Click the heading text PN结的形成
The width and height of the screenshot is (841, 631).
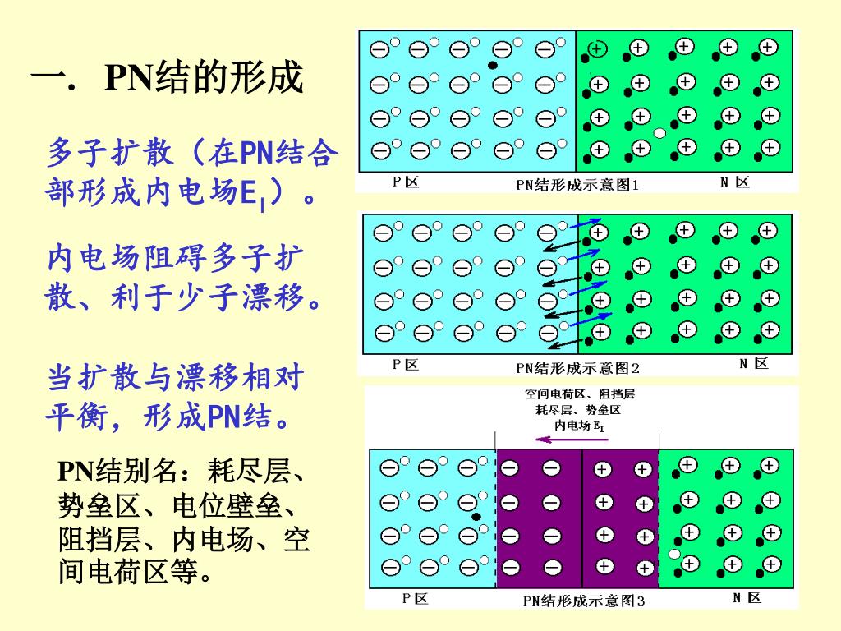coord(204,79)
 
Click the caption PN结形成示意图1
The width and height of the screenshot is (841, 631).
coord(577,184)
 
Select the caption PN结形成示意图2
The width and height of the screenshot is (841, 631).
coord(577,367)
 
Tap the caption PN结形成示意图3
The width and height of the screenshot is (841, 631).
coord(584,601)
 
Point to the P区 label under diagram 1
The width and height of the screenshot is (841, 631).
coord(406,182)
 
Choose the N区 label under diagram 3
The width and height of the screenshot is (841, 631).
coord(747,597)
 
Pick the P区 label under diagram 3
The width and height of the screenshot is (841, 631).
coord(415,599)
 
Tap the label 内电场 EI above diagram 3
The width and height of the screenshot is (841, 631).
coord(580,425)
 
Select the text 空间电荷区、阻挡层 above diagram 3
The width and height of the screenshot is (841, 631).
coord(579,394)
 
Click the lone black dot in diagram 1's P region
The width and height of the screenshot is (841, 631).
coord(492,64)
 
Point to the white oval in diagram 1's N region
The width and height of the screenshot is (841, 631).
coord(659,133)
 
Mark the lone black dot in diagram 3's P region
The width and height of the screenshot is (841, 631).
coord(476,517)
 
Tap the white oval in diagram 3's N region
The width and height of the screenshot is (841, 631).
coord(674,555)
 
